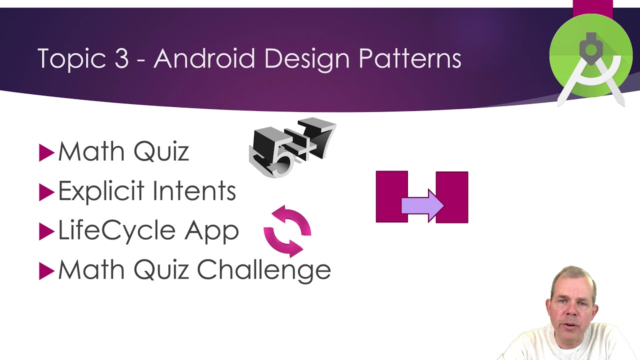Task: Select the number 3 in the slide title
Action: tap(121, 59)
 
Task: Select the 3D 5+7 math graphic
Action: tap(292, 147)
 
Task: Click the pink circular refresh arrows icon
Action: tap(287, 230)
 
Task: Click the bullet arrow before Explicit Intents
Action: tap(46, 192)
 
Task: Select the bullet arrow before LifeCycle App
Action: tap(46, 232)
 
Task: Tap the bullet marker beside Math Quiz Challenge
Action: tap(46, 271)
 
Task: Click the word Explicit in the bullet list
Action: tap(100, 191)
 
